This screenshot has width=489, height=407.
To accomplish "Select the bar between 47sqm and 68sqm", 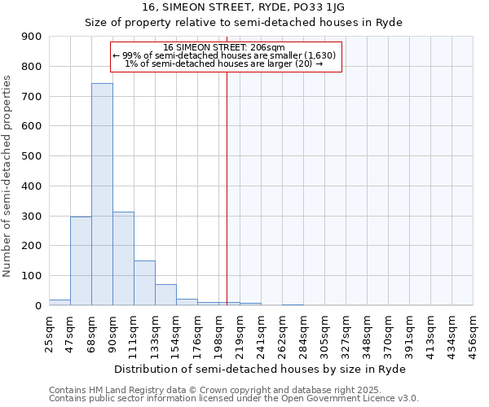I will (81, 260).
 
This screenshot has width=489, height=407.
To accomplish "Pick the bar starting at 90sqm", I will (123, 258).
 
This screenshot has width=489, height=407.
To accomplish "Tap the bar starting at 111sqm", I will (144, 282).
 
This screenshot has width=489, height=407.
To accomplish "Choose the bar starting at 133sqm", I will (165, 295).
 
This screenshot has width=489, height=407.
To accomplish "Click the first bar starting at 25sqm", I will (59, 302).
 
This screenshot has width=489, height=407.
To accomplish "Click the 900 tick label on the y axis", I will (32, 37).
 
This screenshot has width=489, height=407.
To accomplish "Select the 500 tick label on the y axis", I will (32, 156).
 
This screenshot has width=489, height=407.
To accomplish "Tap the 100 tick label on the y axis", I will (32, 276).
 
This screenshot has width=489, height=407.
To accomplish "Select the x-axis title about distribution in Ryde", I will (259, 369).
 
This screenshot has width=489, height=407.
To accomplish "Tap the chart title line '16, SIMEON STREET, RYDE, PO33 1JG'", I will (244, 7).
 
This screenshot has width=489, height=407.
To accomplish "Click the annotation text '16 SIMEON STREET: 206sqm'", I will (225, 47).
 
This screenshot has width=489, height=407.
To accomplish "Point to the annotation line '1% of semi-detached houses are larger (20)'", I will (225, 63).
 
